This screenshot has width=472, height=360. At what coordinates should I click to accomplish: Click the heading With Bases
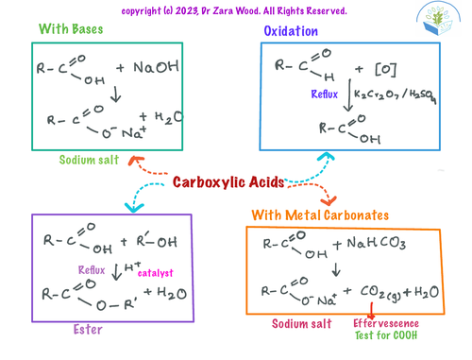pyautogui.click(x=71, y=29)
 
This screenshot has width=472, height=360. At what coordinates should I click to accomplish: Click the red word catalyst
pyautogui.click(x=156, y=272)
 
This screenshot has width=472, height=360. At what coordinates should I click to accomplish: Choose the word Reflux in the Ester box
pyautogui.click(x=92, y=271)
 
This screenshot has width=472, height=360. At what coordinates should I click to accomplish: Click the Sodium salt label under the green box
pyautogui.click(x=90, y=160)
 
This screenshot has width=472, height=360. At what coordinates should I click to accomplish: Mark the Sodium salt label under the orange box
pyautogui.click(x=301, y=323)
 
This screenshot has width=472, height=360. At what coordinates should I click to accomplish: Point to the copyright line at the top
pyautogui.click(x=235, y=10)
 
